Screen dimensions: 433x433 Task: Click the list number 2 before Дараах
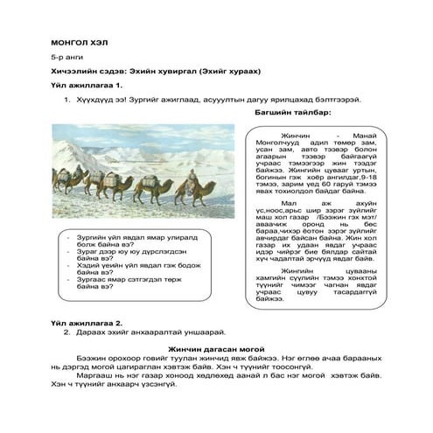pyautogui.click(x=66, y=333)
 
